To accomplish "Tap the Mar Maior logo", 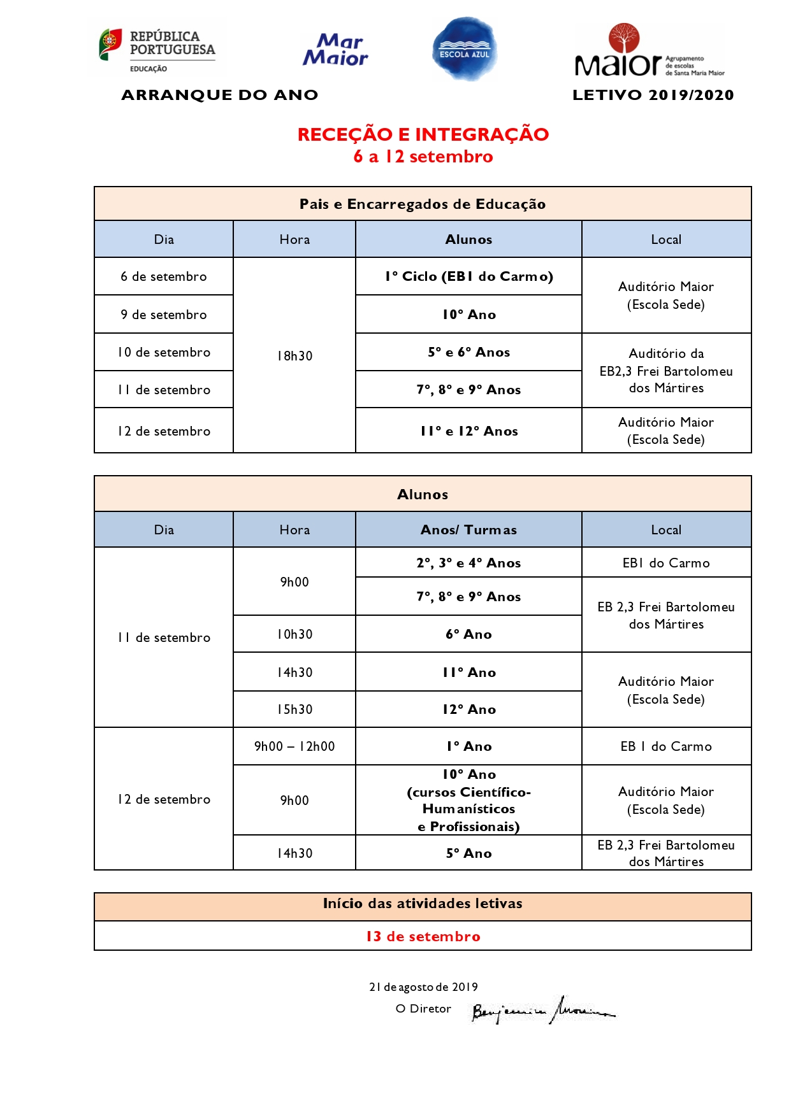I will tap(336, 50).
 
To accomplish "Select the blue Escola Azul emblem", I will tap(465, 50).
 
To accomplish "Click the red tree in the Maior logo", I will tap(623, 38).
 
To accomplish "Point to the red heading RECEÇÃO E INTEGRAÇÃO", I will tap(423, 134).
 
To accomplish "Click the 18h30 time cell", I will tap(294, 356).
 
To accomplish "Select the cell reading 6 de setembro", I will tap(164, 276).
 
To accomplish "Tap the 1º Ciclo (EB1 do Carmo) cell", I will tap(468, 276).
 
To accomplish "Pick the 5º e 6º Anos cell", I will tap(468, 352).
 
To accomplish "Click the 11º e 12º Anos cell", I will tap(468, 431).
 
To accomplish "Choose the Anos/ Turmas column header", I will tap(468, 530).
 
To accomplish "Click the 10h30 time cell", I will tap(294, 634).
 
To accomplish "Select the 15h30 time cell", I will tap(294, 709).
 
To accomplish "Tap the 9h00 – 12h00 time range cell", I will tap(294, 746).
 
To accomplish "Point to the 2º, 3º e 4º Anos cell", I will tap(468, 563).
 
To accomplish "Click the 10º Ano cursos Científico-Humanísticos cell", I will tap(468, 800).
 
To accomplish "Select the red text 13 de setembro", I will tap(423, 936).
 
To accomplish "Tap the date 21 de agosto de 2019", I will tap(423, 987).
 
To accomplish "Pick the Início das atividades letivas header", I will tap(423, 904).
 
